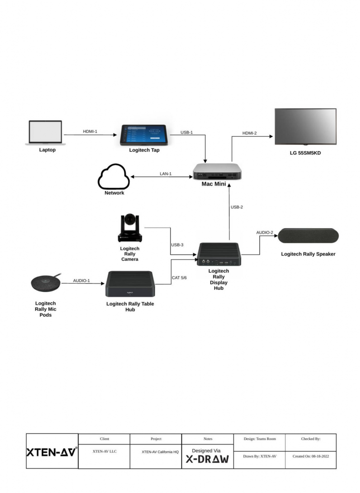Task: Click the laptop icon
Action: click(46, 132)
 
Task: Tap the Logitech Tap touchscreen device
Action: click(145, 135)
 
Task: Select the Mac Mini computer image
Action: click(217, 171)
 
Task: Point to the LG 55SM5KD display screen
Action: click(306, 127)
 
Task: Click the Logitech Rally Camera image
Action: click(130, 228)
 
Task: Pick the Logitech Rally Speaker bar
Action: click(308, 236)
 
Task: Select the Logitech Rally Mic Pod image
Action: click(46, 283)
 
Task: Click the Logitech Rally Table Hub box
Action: click(130, 284)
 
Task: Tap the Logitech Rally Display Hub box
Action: click(219, 254)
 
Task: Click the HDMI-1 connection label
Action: click(90, 131)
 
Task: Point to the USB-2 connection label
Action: click(237, 207)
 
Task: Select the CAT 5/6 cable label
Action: click(179, 278)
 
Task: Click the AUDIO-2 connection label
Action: click(265, 233)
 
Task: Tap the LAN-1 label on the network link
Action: click(166, 174)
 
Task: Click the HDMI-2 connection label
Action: click(250, 133)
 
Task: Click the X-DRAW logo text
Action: click(207, 459)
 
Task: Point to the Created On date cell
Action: click(310, 456)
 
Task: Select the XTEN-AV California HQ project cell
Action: click(160, 452)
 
